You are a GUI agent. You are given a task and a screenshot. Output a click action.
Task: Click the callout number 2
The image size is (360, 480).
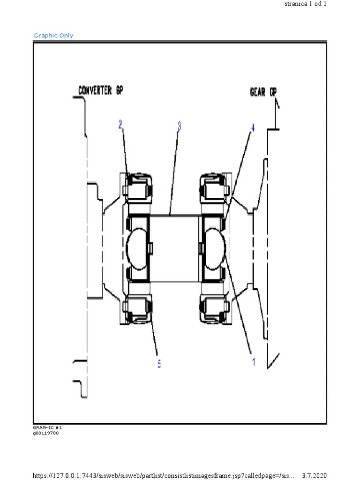120,125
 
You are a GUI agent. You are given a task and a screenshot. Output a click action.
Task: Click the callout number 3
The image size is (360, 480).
179,126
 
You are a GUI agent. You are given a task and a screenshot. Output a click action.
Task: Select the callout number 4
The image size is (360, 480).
253,128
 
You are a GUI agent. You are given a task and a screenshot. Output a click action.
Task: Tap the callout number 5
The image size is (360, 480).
159,364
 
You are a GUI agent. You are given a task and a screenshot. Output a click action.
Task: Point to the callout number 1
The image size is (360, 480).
254,361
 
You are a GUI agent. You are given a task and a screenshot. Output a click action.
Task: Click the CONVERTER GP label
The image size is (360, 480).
101,90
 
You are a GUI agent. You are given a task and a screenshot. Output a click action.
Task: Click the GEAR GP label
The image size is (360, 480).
263,91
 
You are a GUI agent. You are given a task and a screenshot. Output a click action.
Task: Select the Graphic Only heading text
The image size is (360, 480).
53,36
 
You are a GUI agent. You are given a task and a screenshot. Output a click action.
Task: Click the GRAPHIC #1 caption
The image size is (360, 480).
47,428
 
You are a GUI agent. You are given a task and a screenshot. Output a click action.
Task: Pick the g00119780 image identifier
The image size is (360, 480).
46,433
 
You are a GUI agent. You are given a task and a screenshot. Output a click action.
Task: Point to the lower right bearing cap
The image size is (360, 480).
214,309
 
